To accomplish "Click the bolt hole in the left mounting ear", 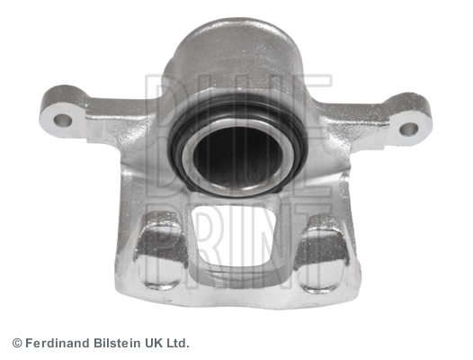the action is [63, 121].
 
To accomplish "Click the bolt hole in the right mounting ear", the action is [409, 130].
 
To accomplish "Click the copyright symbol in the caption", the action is [17, 344].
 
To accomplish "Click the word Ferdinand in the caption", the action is [58, 343].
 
